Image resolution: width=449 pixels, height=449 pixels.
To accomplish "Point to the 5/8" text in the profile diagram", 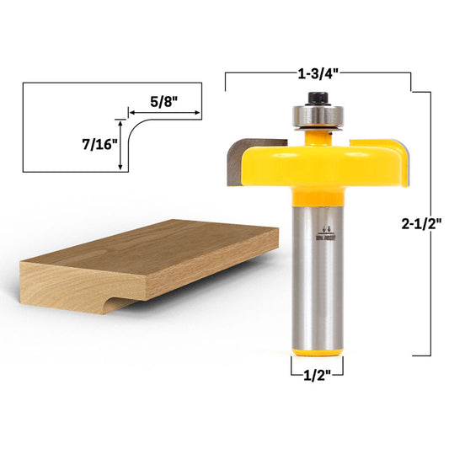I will (x=165, y=99).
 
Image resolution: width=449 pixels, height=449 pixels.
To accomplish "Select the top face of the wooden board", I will (x=152, y=244).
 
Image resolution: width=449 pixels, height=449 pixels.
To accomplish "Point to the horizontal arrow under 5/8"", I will (x=163, y=112).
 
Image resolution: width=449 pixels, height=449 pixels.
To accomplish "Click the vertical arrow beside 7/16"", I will (x=124, y=144).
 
